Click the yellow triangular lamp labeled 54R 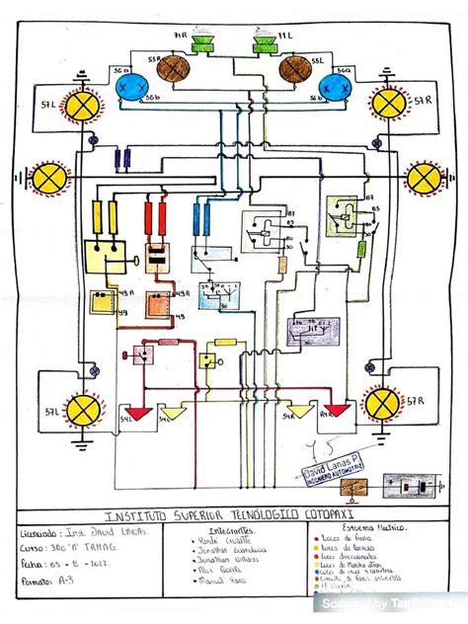click(x=295, y=412)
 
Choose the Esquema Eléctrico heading click(x=357, y=530)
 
